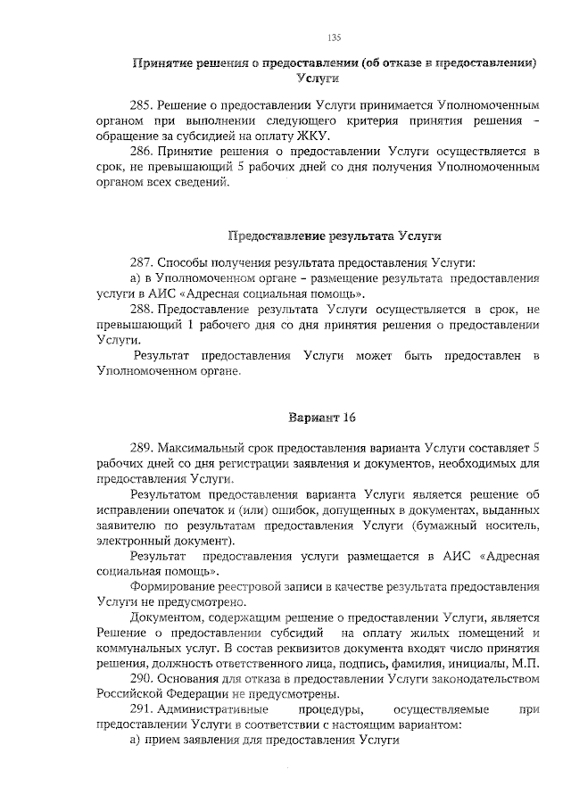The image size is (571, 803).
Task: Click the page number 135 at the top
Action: pos(334,37)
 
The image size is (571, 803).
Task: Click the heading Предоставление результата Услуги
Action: pos(335,236)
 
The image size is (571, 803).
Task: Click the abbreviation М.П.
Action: pos(526,665)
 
